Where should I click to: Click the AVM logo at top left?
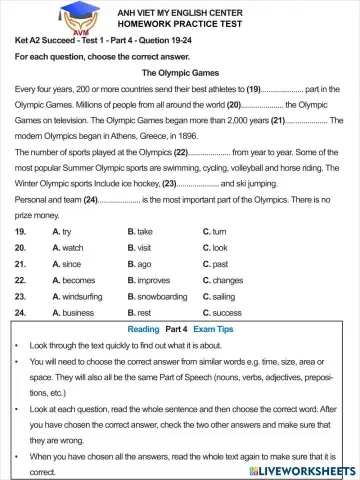[29, 19]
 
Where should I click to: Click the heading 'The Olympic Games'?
[180, 73]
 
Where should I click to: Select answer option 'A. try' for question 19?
[62, 231]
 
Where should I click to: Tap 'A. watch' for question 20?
[67, 247]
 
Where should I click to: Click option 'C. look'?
[215, 247]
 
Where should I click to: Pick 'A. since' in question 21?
[66, 264]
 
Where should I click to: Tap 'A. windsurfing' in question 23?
[76, 297]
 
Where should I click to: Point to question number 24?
[20, 313]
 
